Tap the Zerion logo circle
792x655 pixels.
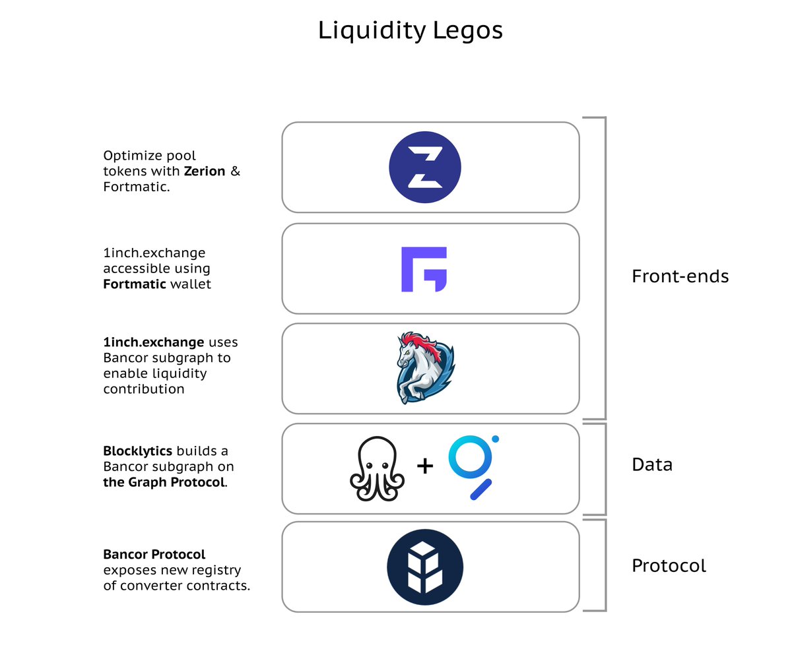(425, 167)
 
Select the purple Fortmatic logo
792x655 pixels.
(424, 269)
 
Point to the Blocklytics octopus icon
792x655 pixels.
(377, 468)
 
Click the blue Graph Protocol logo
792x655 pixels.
(473, 466)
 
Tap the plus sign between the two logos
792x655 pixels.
(425, 466)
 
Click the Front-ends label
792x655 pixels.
(680, 276)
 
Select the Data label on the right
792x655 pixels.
(652, 464)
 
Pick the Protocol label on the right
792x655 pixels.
(669, 565)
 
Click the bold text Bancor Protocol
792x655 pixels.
(154, 554)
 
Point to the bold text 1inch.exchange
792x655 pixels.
(154, 342)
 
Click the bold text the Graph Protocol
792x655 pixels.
(164, 482)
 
